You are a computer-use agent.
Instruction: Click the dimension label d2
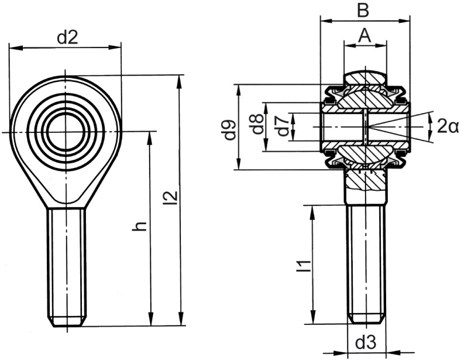67,37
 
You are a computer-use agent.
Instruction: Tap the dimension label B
363,10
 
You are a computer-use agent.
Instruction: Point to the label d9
229,130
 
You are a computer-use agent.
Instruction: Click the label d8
256,125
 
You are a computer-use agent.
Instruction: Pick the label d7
283,126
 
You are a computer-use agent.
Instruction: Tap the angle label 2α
448,125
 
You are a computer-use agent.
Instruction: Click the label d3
366,341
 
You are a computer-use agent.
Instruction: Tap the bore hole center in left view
66,132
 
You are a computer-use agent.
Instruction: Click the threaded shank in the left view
66,263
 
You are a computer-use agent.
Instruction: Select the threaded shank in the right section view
366,263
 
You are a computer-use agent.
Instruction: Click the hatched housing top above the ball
365,77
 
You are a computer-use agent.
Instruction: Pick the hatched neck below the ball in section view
365,187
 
